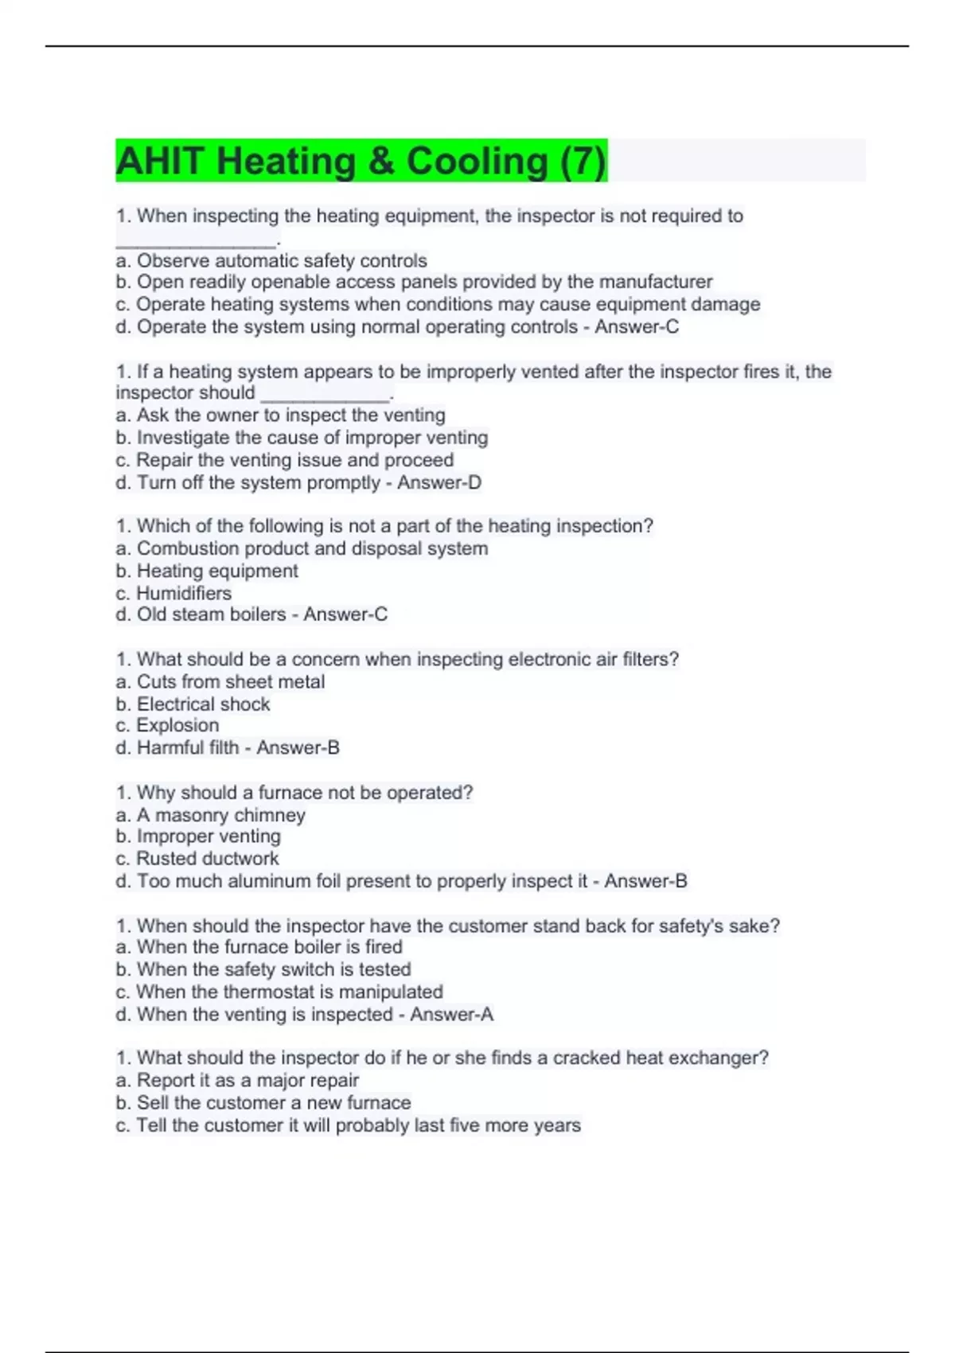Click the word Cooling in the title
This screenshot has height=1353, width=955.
(477, 161)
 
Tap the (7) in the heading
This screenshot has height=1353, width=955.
(583, 161)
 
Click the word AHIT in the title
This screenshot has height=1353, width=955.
(159, 161)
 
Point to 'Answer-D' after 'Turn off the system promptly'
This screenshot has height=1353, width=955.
(439, 482)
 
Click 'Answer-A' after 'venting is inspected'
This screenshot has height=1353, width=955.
(451, 1014)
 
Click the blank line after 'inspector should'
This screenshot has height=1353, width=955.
(325, 395)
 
